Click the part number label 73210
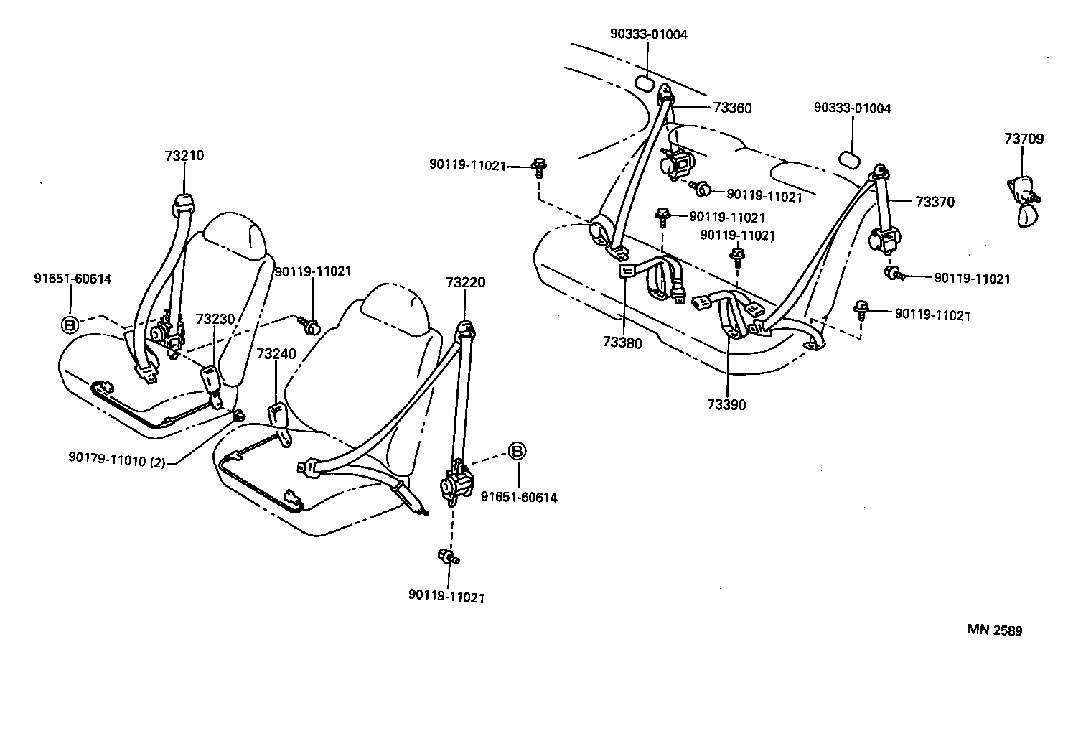pyautogui.click(x=184, y=156)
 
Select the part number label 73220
pyautogui.click(x=465, y=282)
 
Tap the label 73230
pyautogui.click(x=215, y=319)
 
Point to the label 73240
pyautogui.click(x=276, y=354)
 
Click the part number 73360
pyautogui.click(x=732, y=108)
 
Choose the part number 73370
pyautogui.click(x=935, y=202)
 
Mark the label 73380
pyautogui.click(x=622, y=343)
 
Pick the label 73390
pyautogui.click(x=726, y=405)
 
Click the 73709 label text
pyautogui.click(x=1024, y=139)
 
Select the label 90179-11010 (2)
pyautogui.click(x=117, y=462)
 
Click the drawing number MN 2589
pyautogui.click(x=995, y=630)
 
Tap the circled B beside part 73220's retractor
pyautogui.click(x=517, y=451)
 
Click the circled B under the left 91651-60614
pyautogui.click(x=70, y=325)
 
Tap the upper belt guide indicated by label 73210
pyautogui.click(x=184, y=205)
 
